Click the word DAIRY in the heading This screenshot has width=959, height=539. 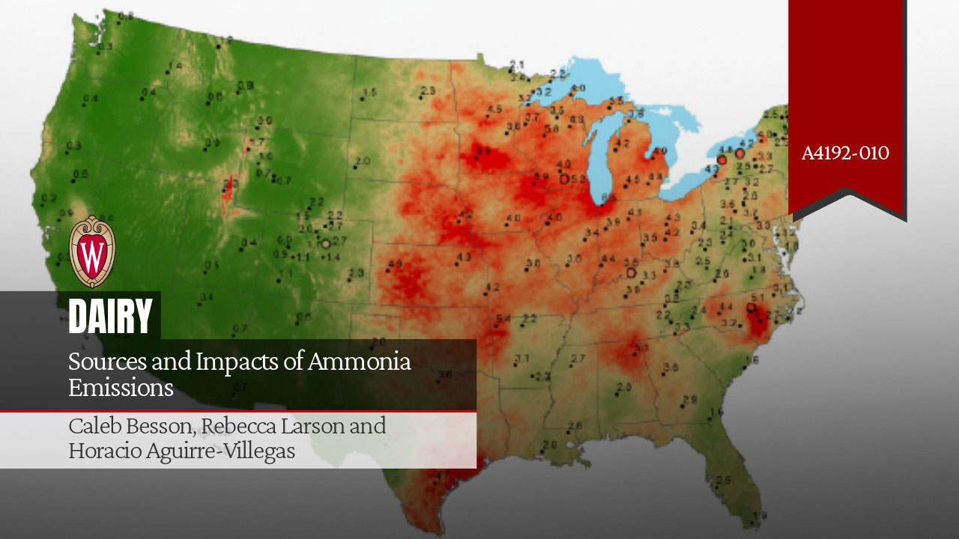click(x=110, y=316)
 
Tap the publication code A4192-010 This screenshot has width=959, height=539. click(x=845, y=153)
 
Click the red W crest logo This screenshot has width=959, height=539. click(x=92, y=252)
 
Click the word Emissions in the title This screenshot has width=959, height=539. click(x=121, y=388)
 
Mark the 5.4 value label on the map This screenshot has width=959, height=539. click(x=503, y=320)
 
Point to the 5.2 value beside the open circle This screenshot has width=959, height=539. click(x=578, y=179)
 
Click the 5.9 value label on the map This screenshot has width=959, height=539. click(x=540, y=177)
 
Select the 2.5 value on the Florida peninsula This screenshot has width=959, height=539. click(x=724, y=480)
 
